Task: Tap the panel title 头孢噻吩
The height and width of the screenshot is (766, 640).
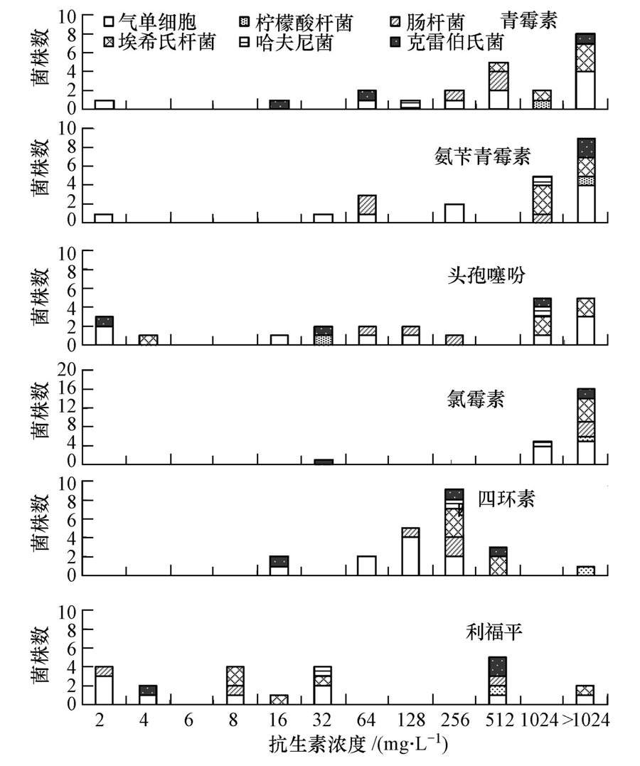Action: pos(487,275)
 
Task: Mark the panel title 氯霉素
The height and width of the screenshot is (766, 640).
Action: pos(472,398)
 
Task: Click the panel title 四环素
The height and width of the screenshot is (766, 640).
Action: pos(506,499)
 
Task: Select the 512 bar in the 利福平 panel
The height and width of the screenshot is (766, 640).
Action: pos(498,681)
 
